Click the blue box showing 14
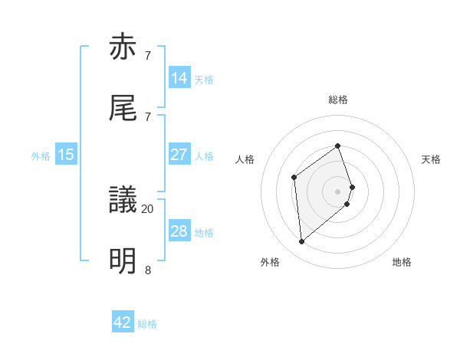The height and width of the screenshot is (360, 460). click(x=179, y=78)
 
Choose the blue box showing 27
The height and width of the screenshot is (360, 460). click(x=179, y=155)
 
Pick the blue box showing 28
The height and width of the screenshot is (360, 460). click(x=179, y=231)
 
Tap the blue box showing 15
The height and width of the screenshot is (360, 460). click(x=66, y=155)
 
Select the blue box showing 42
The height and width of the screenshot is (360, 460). click(x=123, y=322)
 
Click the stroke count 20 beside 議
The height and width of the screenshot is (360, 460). click(x=148, y=208)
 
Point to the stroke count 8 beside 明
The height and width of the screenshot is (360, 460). click(x=148, y=269)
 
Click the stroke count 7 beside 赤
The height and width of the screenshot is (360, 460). click(x=148, y=56)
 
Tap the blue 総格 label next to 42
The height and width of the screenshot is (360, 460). click(x=147, y=324)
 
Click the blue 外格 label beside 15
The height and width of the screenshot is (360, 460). click(x=41, y=156)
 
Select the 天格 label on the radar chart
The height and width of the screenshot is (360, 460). click(x=431, y=159)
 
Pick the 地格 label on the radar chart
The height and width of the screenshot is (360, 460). click(x=402, y=262)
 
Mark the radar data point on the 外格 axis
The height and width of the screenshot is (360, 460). click(x=302, y=242)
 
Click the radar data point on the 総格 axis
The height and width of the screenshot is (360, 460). click(x=337, y=146)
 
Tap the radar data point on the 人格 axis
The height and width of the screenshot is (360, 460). click(x=294, y=178)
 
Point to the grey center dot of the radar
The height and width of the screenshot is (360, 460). click(x=337, y=190)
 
